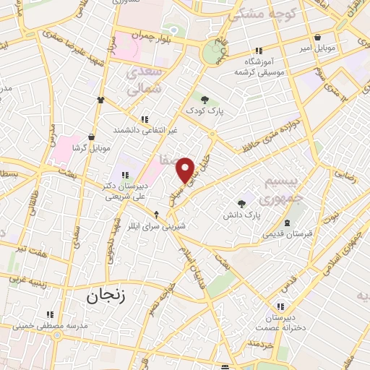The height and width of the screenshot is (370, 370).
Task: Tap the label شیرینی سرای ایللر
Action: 157,225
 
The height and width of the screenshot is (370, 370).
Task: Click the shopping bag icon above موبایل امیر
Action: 317,37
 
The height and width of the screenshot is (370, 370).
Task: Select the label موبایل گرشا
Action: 90,147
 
